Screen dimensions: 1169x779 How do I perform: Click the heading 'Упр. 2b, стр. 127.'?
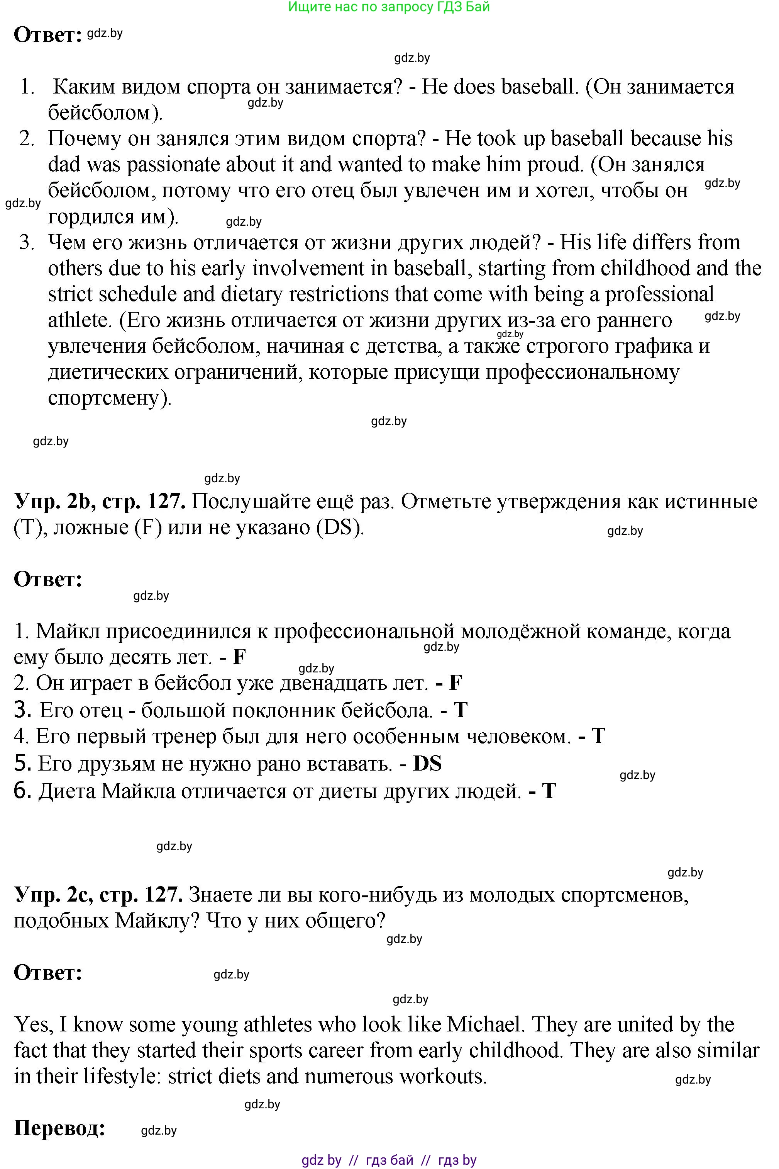click(99, 501)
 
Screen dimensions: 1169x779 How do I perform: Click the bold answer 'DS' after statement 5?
click(427, 764)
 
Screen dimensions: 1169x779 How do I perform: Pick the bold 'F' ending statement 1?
click(239, 657)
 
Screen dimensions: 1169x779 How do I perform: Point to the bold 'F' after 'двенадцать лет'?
click(455, 683)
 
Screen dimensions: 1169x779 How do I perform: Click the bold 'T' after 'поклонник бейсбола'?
click(461, 710)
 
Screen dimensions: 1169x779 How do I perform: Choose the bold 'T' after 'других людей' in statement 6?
click(549, 791)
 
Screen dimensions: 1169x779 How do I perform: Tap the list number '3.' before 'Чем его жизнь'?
click(27, 243)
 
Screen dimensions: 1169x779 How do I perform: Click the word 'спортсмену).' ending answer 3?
click(110, 398)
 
